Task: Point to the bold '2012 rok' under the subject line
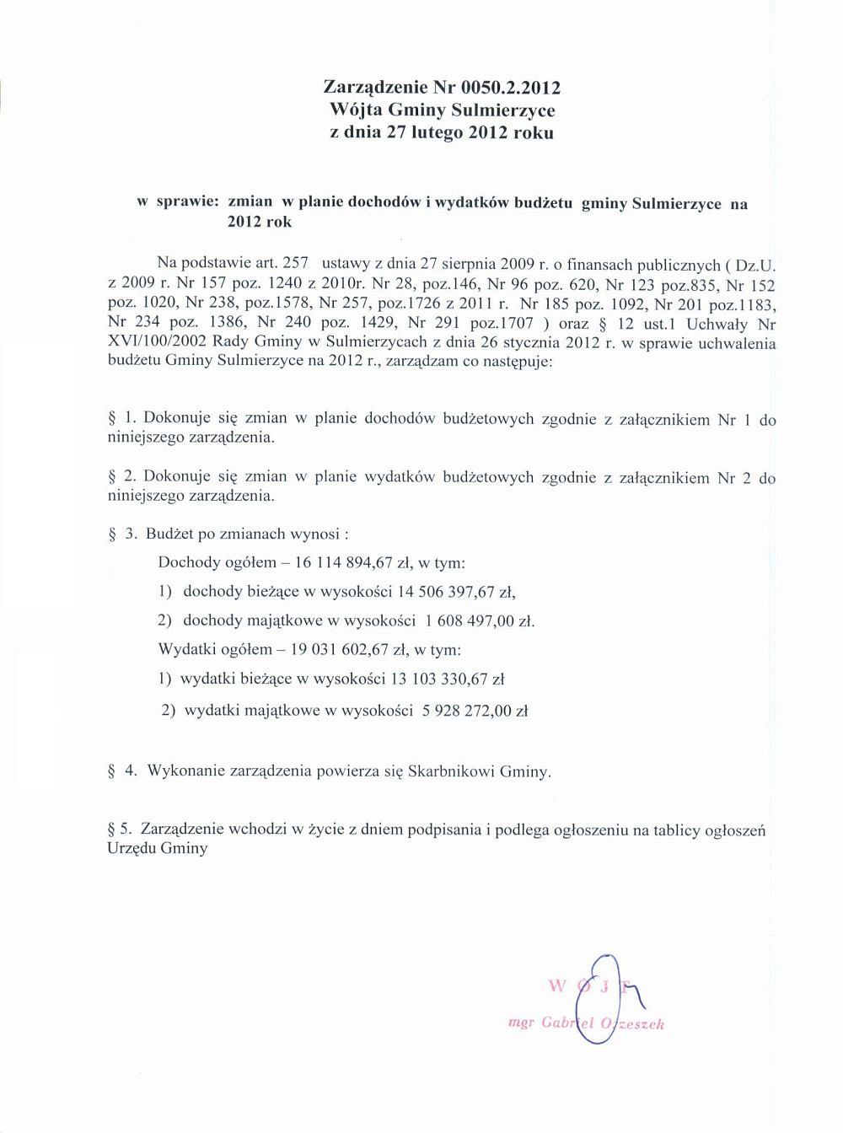click(x=260, y=223)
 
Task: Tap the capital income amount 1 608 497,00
click(x=469, y=621)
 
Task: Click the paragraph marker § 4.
click(x=123, y=771)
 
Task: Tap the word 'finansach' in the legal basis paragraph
click(x=592, y=264)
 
